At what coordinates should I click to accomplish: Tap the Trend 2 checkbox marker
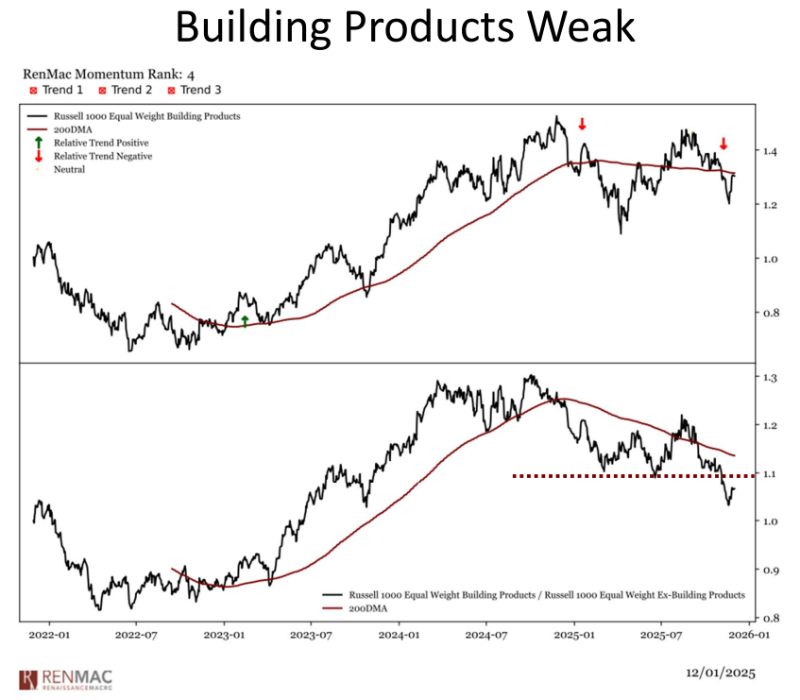102,91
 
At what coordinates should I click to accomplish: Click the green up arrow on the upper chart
245,321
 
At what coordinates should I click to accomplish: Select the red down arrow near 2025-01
582,124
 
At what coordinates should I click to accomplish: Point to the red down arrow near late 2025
723,144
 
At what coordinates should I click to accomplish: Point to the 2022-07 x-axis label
135,637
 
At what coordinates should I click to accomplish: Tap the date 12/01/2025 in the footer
721,674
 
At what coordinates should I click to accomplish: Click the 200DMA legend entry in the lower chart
369,609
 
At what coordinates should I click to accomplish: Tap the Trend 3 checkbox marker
172,91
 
